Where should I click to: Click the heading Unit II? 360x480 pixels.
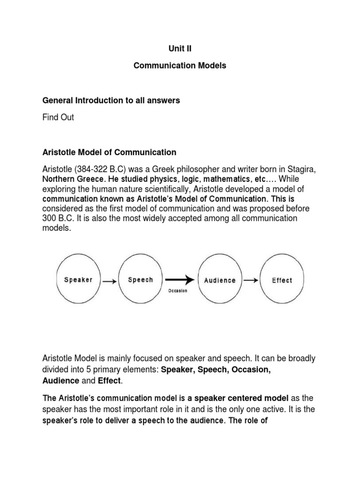tap(180, 48)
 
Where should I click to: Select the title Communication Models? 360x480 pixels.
tap(180, 66)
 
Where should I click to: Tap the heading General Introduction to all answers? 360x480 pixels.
tap(111, 101)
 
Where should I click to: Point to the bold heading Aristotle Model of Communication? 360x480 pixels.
tap(109, 152)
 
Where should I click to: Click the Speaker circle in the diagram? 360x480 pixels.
tap(78, 280)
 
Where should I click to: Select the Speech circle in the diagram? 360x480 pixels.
tap(140, 280)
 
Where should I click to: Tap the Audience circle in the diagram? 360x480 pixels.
tap(219, 280)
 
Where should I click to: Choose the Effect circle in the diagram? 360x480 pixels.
tap(282, 280)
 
